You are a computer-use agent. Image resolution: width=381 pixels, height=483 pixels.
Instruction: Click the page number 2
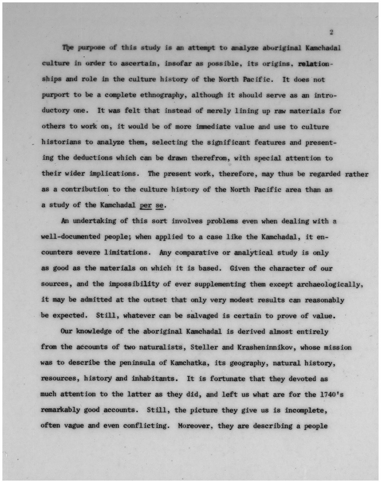pyautogui.click(x=331, y=32)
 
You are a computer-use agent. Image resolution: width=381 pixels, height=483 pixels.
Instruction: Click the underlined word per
pyautogui.click(x=146, y=205)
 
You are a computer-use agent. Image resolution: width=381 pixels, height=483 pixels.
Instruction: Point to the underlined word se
pyautogui.click(x=159, y=205)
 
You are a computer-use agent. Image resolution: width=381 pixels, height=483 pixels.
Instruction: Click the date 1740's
pyautogui.click(x=331, y=394)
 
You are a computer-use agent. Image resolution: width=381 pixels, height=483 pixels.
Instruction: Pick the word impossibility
pyautogui.click(x=134, y=284)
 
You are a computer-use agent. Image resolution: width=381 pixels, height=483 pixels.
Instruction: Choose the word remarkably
pyautogui.click(x=61, y=410)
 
